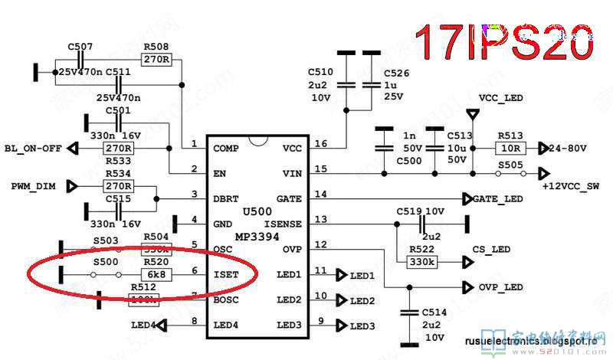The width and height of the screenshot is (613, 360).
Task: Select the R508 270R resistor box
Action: pyautogui.click(x=156, y=59)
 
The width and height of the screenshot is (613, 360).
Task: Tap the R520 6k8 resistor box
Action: pyautogui.click(x=156, y=273)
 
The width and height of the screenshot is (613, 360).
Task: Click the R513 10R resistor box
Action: pyautogui.click(x=510, y=148)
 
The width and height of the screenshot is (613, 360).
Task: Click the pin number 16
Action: pyautogui.click(x=320, y=143)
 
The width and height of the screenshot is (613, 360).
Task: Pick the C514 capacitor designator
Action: pyautogui.click(x=434, y=313)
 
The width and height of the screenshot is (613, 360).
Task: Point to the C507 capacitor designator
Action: pyautogui.click(x=80, y=47)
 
